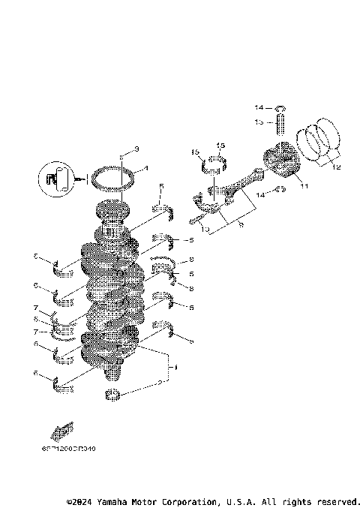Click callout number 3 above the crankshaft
point(137,148)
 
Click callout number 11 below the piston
point(304,185)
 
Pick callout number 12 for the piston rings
point(335,168)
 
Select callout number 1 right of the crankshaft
point(175,368)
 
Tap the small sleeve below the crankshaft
point(113,395)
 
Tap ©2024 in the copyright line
point(81,501)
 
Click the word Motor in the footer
point(154,501)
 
